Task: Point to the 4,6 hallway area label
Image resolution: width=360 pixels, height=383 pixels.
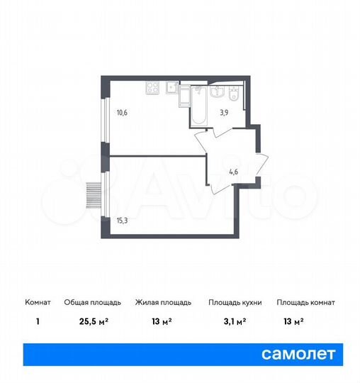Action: coord(232,170)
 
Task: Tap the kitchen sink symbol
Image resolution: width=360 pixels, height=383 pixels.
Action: coord(171,89)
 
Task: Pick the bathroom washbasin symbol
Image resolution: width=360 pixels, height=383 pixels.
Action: coord(219,91)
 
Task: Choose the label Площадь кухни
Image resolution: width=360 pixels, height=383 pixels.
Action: coord(235,302)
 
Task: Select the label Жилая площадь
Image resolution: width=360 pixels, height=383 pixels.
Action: coord(163,302)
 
